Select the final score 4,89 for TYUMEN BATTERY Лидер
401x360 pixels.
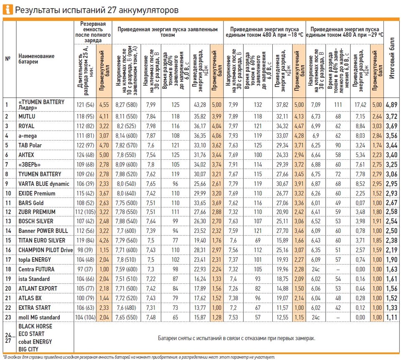[391, 104]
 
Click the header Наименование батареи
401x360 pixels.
[36, 59]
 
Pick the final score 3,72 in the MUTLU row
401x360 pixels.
[391, 116]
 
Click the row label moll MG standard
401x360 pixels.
[39, 317]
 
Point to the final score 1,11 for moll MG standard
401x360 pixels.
[391, 317]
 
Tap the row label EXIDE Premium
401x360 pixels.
[37, 193]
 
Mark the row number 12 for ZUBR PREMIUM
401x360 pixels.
[8, 212]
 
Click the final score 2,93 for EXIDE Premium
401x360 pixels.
[391, 193]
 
